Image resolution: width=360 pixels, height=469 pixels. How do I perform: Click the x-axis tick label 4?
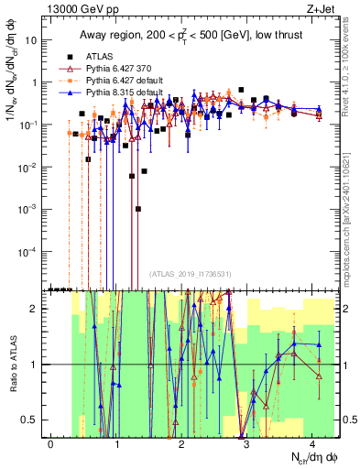[312, 443]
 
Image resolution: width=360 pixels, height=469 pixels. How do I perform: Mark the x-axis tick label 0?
[51, 443]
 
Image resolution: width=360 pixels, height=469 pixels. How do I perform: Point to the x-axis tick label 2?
[182, 443]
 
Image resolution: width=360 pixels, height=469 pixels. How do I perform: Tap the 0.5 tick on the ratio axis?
[35, 420]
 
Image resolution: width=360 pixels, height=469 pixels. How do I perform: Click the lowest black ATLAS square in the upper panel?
[137, 209]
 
